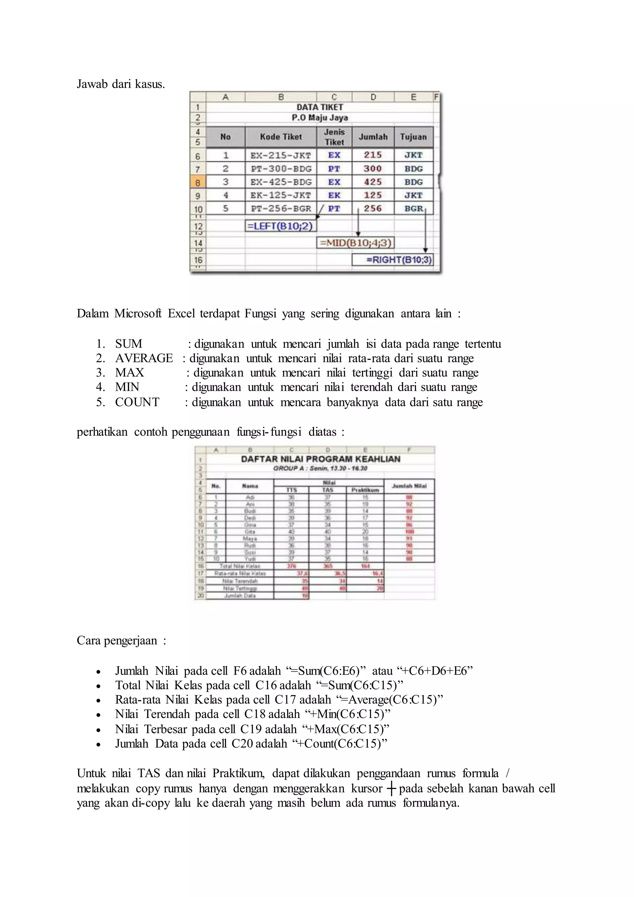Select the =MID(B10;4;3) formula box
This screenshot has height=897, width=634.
(x=355, y=243)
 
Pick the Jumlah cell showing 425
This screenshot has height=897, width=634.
(x=373, y=182)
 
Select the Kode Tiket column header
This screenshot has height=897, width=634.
(x=281, y=137)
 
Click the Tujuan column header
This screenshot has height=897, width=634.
(x=413, y=137)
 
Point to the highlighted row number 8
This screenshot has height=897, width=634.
(x=198, y=182)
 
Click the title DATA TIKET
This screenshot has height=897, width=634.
(x=320, y=107)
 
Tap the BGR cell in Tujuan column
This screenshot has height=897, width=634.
(x=413, y=209)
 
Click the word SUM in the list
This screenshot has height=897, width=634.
(x=128, y=344)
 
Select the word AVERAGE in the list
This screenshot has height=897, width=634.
(x=144, y=358)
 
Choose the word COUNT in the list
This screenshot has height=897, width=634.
(x=137, y=402)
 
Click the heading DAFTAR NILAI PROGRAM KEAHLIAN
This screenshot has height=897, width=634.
(x=320, y=459)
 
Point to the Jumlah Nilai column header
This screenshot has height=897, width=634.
(x=409, y=486)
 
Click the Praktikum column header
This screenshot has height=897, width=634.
(x=365, y=490)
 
